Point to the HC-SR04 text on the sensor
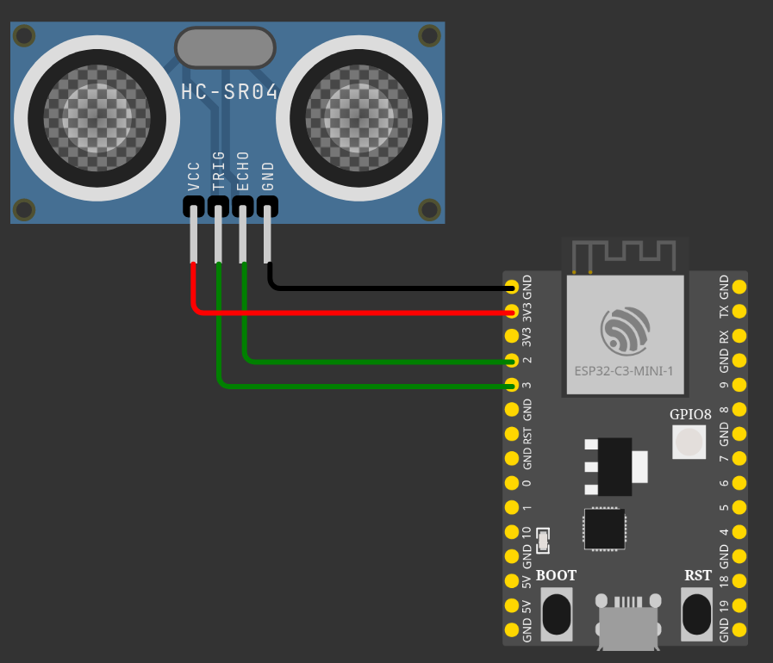point(230,92)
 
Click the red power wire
point(345,311)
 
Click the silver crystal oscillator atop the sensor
point(225,46)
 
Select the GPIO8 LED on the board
point(689,442)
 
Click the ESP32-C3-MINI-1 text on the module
point(624,372)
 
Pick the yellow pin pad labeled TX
point(739,311)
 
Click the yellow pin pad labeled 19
point(739,605)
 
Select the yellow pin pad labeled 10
point(513,532)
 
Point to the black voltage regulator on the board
point(614,466)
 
